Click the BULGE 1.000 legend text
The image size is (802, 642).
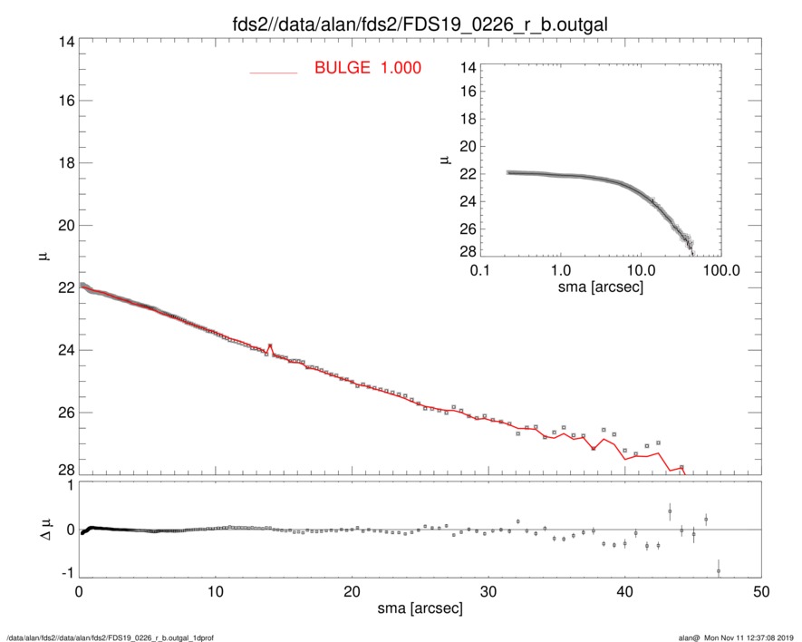click(x=367, y=67)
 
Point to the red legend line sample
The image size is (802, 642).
click(x=273, y=72)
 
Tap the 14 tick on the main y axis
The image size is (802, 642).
click(x=63, y=40)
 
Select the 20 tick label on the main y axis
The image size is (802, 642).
click(x=63, y=226)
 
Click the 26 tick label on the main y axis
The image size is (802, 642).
click(x=63, y=413)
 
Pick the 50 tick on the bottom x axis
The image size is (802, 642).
click(x=762, y=591)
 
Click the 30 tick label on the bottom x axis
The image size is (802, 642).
click(x=488, y=591)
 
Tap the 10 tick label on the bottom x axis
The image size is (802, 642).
click(x=216, y=591)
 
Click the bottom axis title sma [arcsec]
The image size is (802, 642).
click(x=419, y=608)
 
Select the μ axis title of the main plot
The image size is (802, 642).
click(x=43, y=257)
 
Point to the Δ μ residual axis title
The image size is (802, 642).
click(x=43, y=529)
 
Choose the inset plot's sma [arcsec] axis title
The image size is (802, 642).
click(x=601, y=286)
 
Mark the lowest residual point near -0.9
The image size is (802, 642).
click(x=719, y=571)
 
